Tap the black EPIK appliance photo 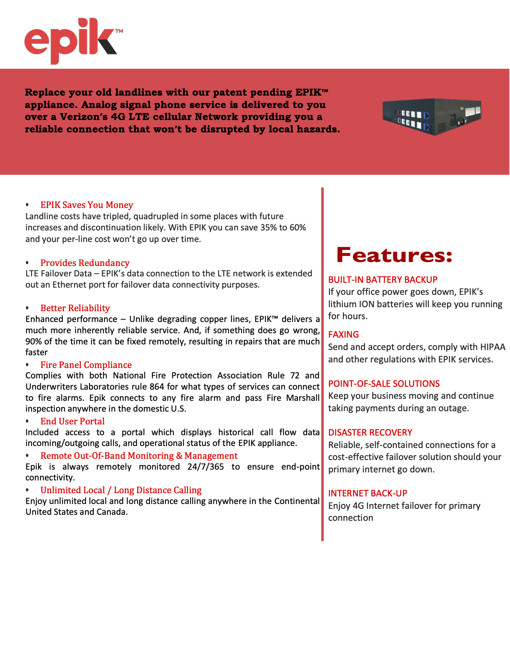[x=432, y=116]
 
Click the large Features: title [x=394, y=255]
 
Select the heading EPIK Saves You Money [x=86, y=205]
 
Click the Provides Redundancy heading [x=85, y=263]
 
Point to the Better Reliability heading [x=75, y=308]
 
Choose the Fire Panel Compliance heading [x=86, y=365]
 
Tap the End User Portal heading [x=72, y=421]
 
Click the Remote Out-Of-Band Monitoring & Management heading [x=139, y=456]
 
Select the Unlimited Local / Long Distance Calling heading [x=121, y=490]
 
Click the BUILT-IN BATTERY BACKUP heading [x=383, y=280]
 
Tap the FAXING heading [x=344, y=334]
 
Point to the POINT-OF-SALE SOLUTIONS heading [x=384, y=384]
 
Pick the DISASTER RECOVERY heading [x=370, y=432]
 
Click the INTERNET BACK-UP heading [x=368, y=493]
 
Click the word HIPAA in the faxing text [x=493, y=347]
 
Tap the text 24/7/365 [x=206, y=467]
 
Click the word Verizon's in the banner [x=84, y=117]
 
